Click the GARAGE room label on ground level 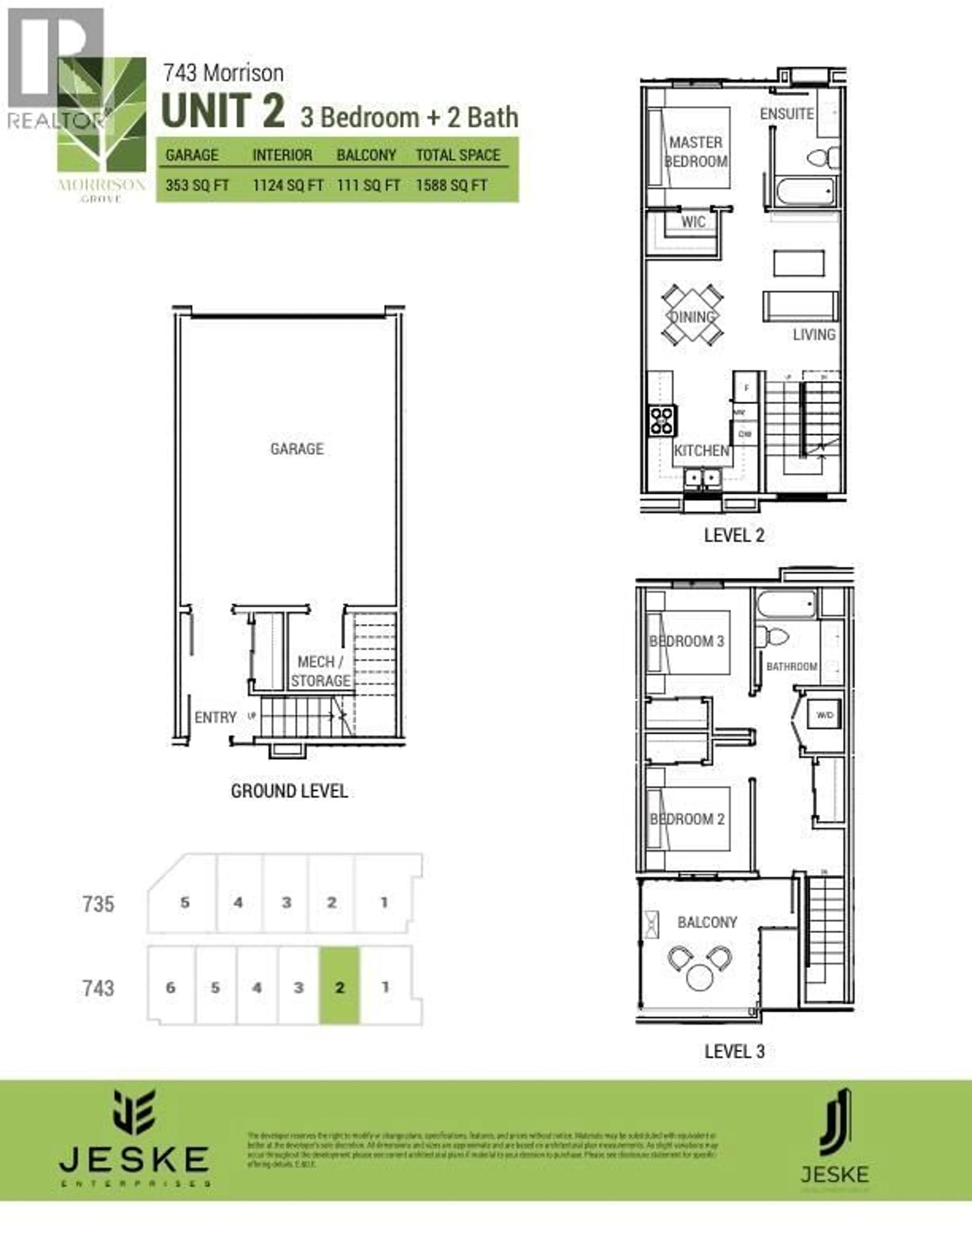[297, 449]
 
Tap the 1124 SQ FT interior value [287, 186]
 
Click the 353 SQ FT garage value [197, 186]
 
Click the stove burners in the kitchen [662, 420]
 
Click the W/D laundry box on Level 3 [825, 715]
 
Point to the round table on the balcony [700, 978]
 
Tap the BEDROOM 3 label [686, 641]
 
